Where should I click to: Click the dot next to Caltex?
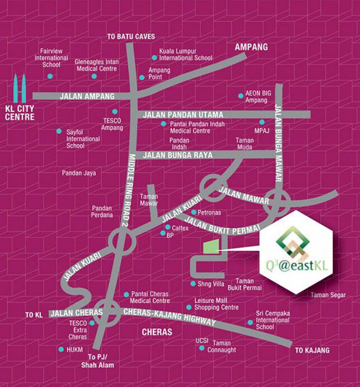click(x=167, y=228)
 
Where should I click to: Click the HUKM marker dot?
click(x=61, y=349)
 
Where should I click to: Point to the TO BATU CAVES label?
click(x=131, y=36)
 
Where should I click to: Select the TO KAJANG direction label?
click(x=312, y=351)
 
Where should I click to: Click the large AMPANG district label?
click(x=251, y=47)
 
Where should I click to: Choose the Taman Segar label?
click(x=328, y=295)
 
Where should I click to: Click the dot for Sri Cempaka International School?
click(x=250, y=321)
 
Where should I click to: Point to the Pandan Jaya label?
click(x=79, y=173)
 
